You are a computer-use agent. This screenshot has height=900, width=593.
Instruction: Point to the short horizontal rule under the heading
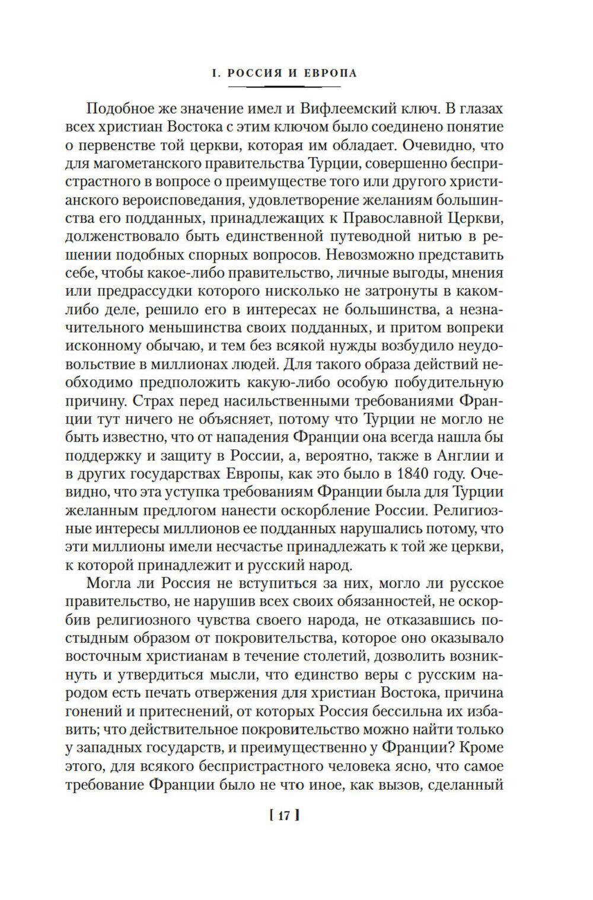(293, 87)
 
